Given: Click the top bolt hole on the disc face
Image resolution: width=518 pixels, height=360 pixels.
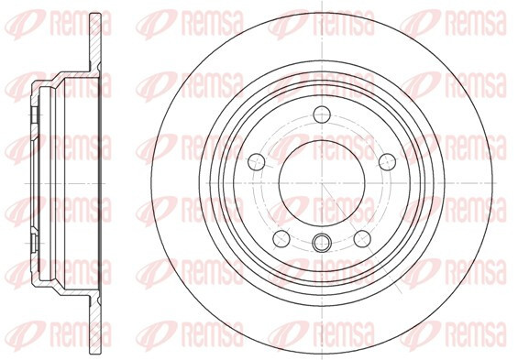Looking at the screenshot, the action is tap(322, 115).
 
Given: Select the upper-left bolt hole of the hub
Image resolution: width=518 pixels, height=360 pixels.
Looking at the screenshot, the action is tap(257, 162).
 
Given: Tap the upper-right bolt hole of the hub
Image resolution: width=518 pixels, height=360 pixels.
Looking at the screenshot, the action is tap(387, 162).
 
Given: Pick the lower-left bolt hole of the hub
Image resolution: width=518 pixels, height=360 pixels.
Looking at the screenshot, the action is tap(281, 238).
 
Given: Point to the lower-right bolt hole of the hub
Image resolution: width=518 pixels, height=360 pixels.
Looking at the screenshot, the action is tap(362, 238).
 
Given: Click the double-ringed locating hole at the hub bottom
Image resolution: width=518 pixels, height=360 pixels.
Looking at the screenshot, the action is tap(322, 243).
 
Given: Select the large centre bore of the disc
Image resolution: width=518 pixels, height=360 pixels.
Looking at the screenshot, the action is tap(322, 183).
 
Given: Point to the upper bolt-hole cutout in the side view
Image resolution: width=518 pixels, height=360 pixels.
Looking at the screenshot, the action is tap(35, 115).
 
